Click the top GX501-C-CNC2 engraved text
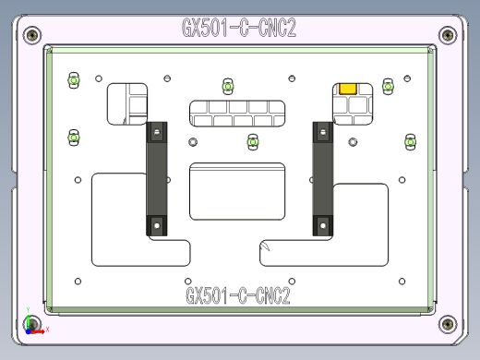click(x=238, y=28)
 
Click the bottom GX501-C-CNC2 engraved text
click(x=238, y=296)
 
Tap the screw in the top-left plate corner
click(x=33, y=35)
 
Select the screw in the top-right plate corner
click(x=448, y=35)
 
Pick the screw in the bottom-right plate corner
click(x=448, y=323)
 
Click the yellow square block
click(x=349, y=89)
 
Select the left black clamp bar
click(x=157, y=179)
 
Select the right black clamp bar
click(x=322, y=179)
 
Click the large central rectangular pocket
click(x=238, y=191)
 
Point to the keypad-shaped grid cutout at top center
click(x=238, y=114)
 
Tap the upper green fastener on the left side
click(x=73, y=81)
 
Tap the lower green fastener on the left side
click(x=73, y=137)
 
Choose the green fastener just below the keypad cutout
click(x=252, y=141)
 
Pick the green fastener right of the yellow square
click(x=388, y=87)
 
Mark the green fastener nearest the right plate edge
click(x=411, y=141)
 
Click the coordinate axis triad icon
click(x=31, y=324)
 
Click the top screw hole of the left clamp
click(x=157, y=131)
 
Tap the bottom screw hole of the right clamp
click(x=322, y=223)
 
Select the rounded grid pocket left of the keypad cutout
click(x=127, y=103)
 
